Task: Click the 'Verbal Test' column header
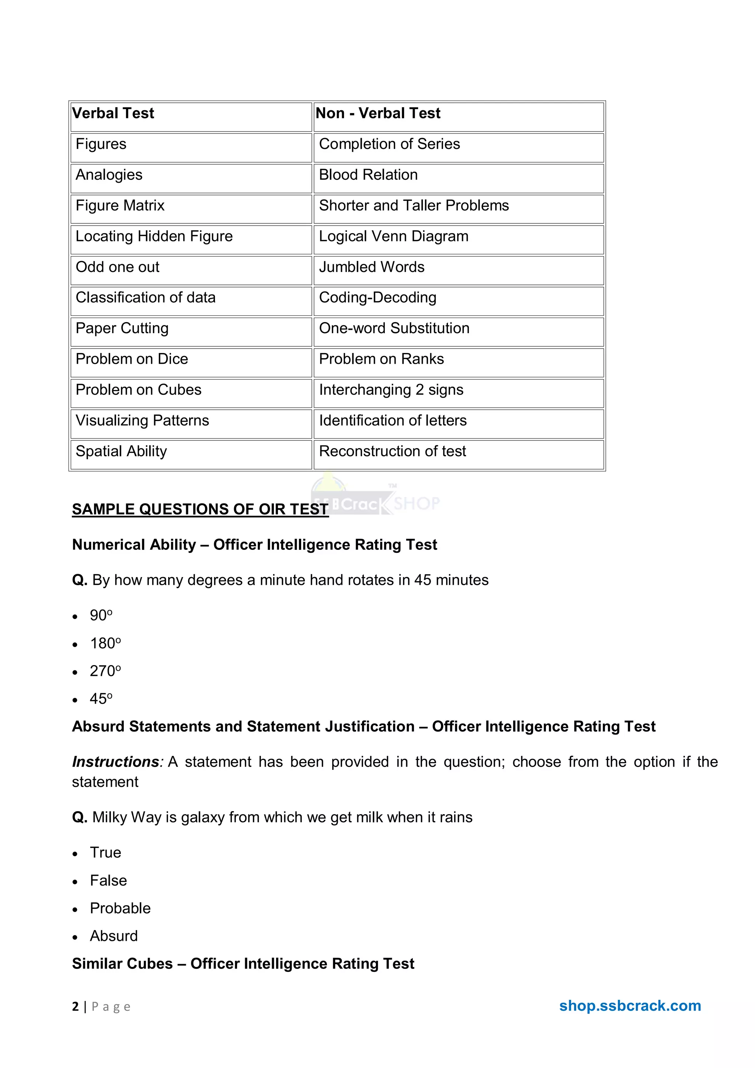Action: click(x=113, y=114)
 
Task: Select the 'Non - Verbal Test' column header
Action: click(x=378, y=114)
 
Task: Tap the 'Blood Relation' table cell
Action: click(x=368, y=175)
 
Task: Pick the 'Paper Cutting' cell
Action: click(x=122, y=328)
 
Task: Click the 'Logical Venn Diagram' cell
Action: click(x=394, y=236)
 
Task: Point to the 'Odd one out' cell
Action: click(x=117, y=267)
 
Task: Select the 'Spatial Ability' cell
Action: click(x=121, y=451)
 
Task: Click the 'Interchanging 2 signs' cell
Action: click(x=391, y=390)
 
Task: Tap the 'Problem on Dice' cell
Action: click(x=132, y=359)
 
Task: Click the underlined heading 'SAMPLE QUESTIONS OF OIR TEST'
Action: click(x=200, y=509)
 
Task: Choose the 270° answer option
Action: click(x=105, y=671)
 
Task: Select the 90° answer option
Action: click(x=101, y=615)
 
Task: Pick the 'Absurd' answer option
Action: click(x=114, y=936)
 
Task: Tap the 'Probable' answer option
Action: click(x=120, y=908)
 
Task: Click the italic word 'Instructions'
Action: click(x=115, y=762)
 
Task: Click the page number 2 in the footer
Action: click(x=75, y=1006)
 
